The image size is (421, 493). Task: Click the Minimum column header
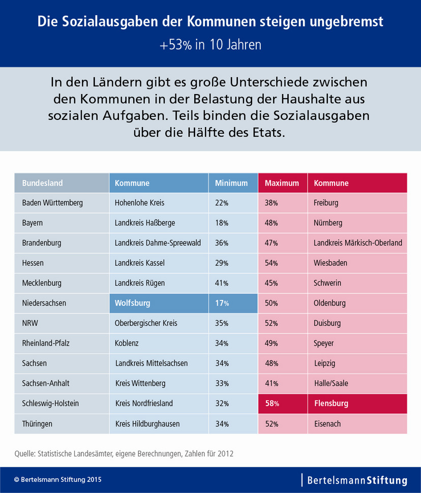tap(231, 183)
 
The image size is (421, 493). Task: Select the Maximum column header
tap(282, 183)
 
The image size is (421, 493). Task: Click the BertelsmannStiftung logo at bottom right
tap(355, 480)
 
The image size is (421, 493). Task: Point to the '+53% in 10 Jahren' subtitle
tap(211, 45)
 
